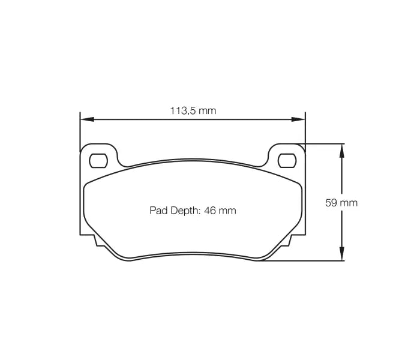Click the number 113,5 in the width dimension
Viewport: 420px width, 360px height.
coord(182,110)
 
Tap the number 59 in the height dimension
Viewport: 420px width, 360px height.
coord(331,203)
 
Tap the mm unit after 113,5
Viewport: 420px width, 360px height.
coord(208,110)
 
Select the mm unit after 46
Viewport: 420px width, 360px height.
coord(227,211)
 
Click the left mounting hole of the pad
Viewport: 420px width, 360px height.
coord(98,160)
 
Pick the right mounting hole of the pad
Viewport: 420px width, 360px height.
coord(287,160)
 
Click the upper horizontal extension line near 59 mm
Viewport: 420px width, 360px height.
coord(324,143)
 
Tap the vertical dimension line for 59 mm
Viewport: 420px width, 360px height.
coord(342,180)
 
